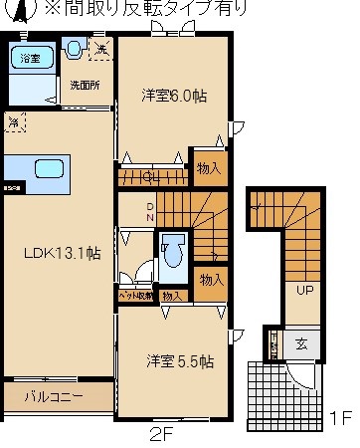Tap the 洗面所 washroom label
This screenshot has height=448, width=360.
click(x=84, y=85)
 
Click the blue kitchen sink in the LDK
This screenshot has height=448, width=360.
click(x=50, y=168)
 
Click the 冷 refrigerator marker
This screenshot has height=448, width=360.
click(x=14, y=122)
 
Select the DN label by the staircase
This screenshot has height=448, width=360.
click(x=150, y=211)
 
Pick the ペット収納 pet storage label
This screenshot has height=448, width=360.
click(x=135, y=296)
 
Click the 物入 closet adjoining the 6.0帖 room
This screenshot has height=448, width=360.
click(x=209, y=168)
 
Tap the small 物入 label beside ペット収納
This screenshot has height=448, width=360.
click(x=171, y=296)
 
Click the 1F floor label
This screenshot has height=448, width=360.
click(x=341, y=418)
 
